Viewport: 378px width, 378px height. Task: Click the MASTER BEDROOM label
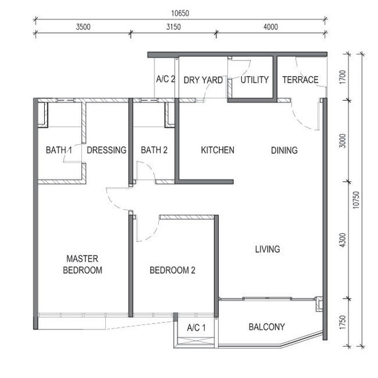(x=83, y=265)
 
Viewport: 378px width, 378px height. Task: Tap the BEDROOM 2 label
(x=173, y=270)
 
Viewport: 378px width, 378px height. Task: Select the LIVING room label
(x=268, y=249)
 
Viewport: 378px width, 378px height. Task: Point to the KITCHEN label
(x=217, y=150)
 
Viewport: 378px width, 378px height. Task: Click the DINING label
(x=284, y=151)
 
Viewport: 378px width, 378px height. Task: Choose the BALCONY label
(x=266, y=327)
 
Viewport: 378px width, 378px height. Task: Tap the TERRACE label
(x=301, y=80)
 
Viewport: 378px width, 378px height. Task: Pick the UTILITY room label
(x=255, y=80)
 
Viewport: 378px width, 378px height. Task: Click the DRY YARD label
(x=203, y=80)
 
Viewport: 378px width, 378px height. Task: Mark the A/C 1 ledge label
(x=196, y=328)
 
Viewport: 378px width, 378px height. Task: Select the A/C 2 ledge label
(x=165, y=79)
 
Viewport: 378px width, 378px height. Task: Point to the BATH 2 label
(x=154, y=150)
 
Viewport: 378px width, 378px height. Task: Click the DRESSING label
(x=106, y=150)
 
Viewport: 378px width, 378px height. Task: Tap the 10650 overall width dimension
(x=180, y=13)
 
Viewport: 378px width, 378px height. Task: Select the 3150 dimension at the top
(x=173, y=26)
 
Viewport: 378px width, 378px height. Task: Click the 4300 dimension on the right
(x=342, y=240)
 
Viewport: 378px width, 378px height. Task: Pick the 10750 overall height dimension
(x=356, y=200)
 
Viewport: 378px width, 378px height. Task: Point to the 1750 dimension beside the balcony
(x=342, y=322)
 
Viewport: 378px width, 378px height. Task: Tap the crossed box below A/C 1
(x=196, y=342)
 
